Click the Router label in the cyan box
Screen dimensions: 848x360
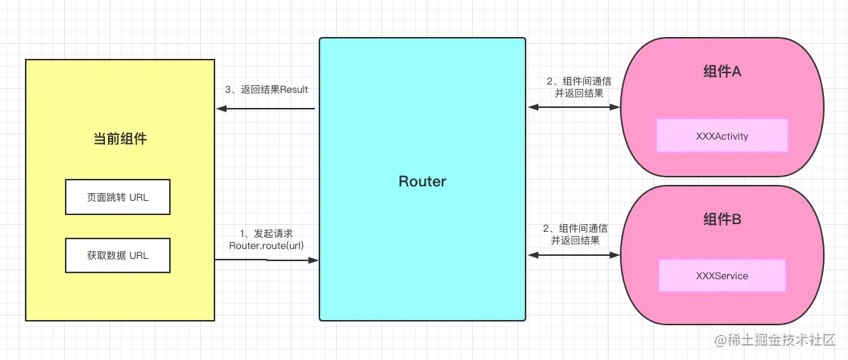(422, 181)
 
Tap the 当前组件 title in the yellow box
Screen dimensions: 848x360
(120, 139)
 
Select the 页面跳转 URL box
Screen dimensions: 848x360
(118, 197)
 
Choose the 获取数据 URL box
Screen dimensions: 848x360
(118, 255)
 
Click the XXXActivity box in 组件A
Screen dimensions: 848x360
(722, 136)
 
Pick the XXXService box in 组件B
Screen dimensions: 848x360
(722, 275)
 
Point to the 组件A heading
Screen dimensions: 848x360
(722, 72)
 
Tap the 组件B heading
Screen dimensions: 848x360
(722, 220)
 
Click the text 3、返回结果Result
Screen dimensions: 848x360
(266, 90)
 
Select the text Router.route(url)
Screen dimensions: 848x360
(266, 246)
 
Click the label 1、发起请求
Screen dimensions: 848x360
(266, 233)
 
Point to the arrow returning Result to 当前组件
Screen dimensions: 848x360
(266, 109)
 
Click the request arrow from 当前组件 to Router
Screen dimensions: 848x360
(267, 260)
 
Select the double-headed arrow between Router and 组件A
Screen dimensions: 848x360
(574, 107)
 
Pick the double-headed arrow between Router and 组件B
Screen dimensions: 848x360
(574, 254)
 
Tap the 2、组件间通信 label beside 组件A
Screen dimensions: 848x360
(579, 81)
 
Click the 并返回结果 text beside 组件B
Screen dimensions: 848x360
(575, 240)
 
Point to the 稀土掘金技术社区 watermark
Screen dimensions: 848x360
(776, 340)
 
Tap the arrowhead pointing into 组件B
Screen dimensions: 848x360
(615, 254)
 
